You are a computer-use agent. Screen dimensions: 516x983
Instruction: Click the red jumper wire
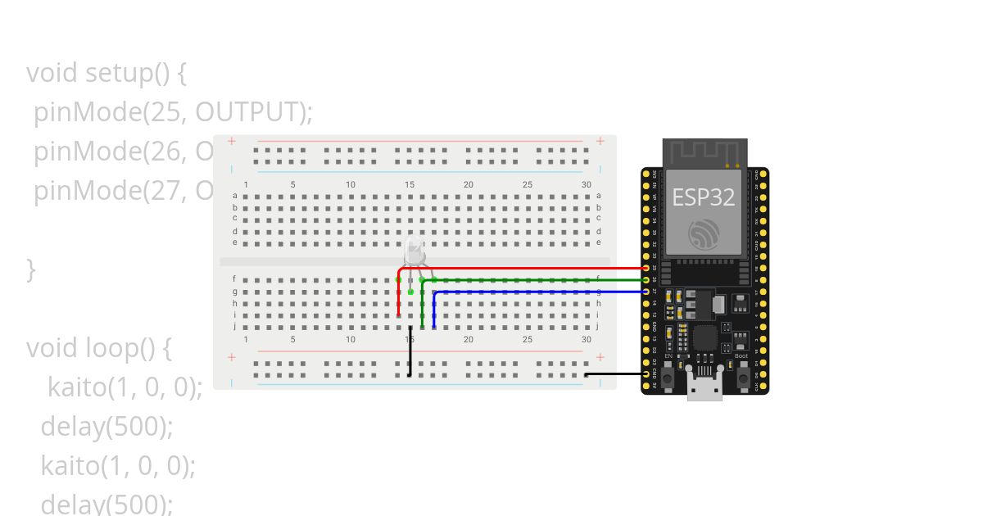[524, 268]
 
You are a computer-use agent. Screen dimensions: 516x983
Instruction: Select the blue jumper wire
[541, 292]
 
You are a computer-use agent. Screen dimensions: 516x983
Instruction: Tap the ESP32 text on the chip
[703, 197]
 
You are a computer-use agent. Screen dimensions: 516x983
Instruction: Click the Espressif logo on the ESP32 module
[704, 235]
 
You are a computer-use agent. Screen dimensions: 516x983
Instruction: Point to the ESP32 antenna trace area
[704, 152]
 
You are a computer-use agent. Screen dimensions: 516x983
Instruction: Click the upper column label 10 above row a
[351, 185]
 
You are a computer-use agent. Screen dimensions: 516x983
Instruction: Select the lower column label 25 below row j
[528, 339]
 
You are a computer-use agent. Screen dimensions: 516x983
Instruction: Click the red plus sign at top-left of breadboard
[232, 141]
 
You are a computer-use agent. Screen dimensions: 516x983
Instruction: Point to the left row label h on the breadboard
[235, 303]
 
